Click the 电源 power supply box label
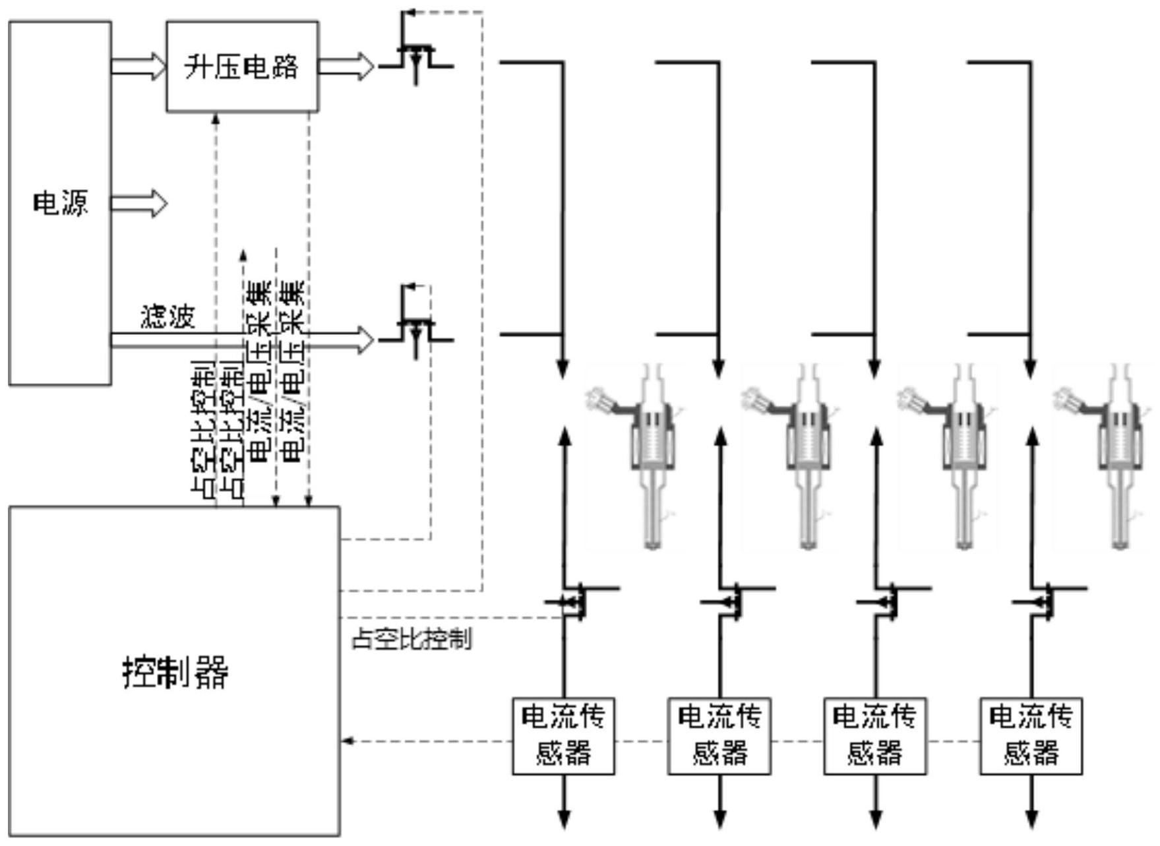60,203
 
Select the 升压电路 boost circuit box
242,66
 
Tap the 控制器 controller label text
175,672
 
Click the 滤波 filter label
168,318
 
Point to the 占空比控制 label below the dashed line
411,638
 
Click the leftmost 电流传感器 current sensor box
563,735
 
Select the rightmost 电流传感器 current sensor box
1031,735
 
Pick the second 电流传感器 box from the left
719,735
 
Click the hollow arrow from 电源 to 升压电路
138,66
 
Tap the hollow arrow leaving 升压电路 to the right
346,66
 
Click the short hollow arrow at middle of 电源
138,202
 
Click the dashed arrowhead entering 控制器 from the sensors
348,741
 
